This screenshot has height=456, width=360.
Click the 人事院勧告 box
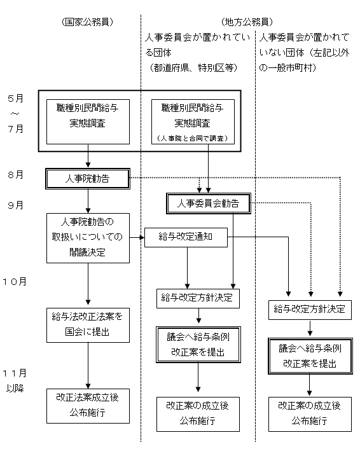[87, 179]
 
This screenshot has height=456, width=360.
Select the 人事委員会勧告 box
[208, 204]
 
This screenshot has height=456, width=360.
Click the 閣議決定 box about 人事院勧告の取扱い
[87, 237]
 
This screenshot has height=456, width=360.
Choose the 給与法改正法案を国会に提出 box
[87, 324]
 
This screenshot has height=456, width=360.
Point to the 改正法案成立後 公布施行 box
[87, 404]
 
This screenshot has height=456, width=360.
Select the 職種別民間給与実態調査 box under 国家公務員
[87, 116]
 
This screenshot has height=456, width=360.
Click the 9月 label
[16, 205]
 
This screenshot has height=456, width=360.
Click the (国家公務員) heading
[87, 22]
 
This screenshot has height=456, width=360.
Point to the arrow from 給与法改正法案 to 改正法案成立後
[87, 365]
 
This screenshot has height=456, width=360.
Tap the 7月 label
[16, 129]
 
